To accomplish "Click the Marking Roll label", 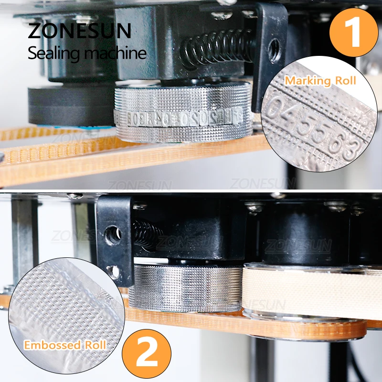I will (320, 81).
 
